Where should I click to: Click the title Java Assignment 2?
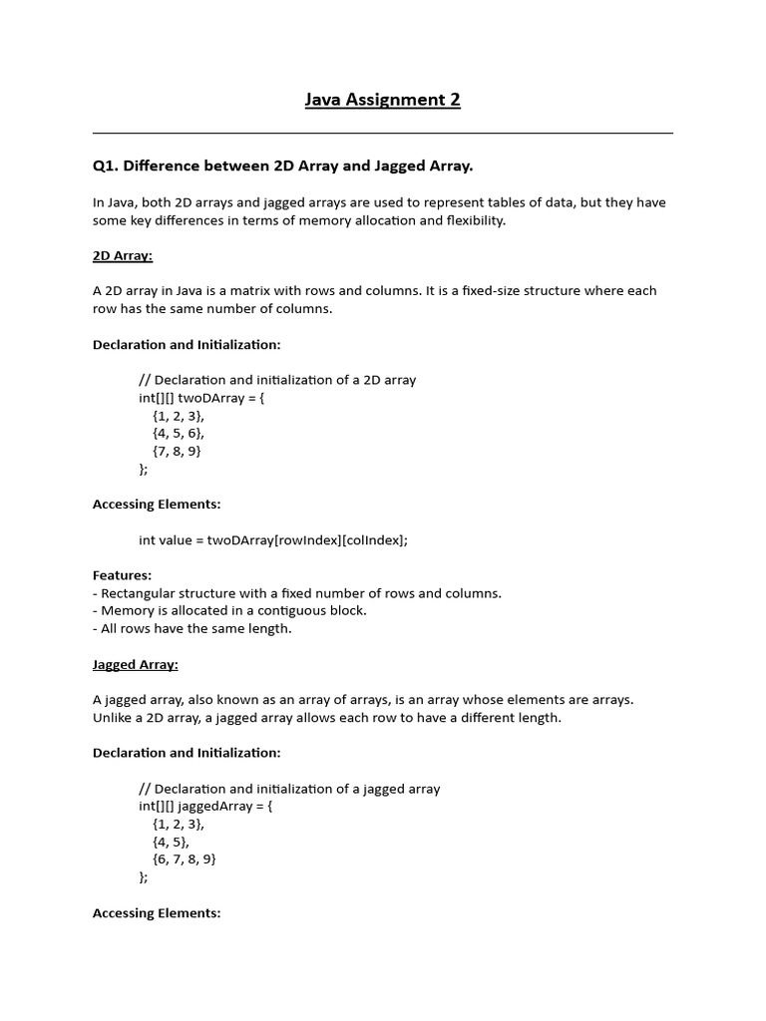pyautogui.click(x=383, y=99)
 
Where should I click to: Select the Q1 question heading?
pyautogui.click(x=282, y=165)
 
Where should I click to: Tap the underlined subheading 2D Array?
pyautogui.click(x=123, y=255)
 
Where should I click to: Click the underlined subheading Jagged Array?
pyautogui.click(x=136, y=664)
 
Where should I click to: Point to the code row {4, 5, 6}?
pyautogui.click(x=179, y=433)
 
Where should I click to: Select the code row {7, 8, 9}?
pyautogui.click(x=178, y=451)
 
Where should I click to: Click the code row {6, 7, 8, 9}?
pyautogui.click(x=185, y=858)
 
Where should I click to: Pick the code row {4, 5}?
pyautogui.click(x=172, y=842)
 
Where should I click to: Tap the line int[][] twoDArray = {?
pyautogui.click(x=202, y=397)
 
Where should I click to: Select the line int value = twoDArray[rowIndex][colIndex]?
pyautogui.click(x=273, y=539)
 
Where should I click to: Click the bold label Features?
pyautogui.click(x=123, y=575)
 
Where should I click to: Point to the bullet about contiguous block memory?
pyautogui.click(x=230, y=610)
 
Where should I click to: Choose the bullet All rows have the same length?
pyautogui.click(x=192, y=628)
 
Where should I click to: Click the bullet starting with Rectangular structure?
pyautogui.click(x=297, y=593)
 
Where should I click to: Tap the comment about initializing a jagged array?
pyautogui.click(x=289, y=789)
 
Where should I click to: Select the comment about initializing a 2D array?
pyautogui.click(x=277, y=380)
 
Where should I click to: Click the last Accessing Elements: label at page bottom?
pyautogui.click(x=157, y=912)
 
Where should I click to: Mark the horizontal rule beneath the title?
pyautogui.click(x=383, y=133)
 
